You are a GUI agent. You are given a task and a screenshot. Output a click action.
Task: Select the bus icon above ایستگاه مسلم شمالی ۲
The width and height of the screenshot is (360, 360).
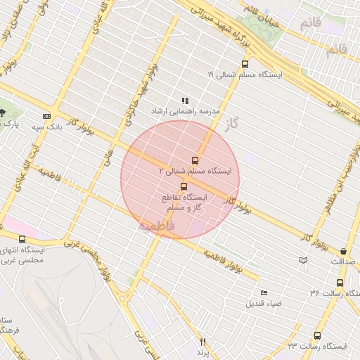point(195,160)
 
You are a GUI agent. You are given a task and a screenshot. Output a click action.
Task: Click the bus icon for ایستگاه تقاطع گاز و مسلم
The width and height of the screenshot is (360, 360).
point(184,186)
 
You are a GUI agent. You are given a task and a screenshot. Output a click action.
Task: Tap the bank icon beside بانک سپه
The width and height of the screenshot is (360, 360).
point(47,116)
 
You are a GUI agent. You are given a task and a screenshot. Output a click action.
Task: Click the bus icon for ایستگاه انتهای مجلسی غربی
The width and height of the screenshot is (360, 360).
point(22,239)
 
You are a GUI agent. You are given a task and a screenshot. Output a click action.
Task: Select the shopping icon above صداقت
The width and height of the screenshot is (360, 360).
point(343,251)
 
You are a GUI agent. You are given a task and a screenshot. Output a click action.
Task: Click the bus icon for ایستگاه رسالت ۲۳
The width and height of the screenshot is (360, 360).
point(317,336)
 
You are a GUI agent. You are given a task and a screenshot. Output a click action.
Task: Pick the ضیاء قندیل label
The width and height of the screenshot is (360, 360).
point(264,304)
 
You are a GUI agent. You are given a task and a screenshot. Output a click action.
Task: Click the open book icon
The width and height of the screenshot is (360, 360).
point(303,260)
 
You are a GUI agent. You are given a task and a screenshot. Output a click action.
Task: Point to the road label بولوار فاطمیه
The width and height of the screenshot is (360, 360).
point(224,261)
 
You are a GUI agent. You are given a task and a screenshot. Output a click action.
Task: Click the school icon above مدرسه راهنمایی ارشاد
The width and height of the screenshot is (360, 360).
point(185,101)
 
